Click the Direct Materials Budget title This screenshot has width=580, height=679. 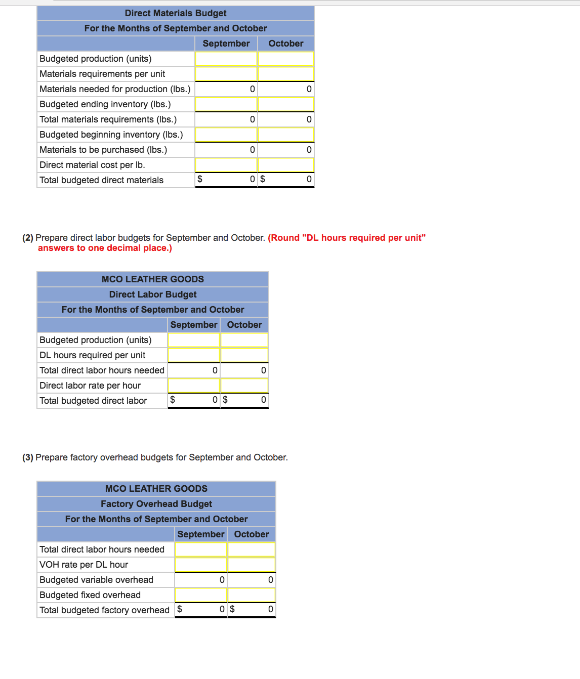point(176,13)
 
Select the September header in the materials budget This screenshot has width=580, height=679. point(226,44)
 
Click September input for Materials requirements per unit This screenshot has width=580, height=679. point(226,74)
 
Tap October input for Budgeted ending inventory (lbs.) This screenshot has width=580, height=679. point(286,104)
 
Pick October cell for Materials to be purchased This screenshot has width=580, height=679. point(286,150)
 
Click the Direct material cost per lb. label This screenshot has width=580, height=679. point(92,165)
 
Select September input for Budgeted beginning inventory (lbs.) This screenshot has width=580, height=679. point(226,135)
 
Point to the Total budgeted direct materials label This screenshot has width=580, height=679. point(101,180)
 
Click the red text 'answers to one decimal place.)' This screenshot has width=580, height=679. point(105,248)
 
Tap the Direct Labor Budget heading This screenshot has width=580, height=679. point(153,294)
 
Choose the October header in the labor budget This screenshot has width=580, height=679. point(244,325)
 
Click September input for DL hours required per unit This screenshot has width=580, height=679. point(194,355)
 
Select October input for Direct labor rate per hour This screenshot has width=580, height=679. point(244,386)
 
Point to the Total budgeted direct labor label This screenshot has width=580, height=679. point(93,401)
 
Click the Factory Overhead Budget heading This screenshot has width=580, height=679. point(156,504)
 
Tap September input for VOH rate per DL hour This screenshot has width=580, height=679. point(201,565)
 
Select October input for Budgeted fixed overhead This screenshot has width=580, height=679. point(252,595)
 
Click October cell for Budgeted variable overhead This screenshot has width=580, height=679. point(252,580)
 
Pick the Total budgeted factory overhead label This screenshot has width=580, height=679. point(104,610)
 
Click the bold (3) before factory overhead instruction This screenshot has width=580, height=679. point(28,457)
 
